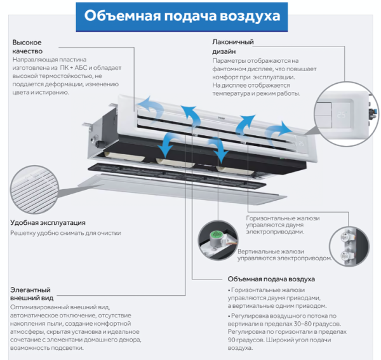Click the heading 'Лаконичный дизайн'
click(x=233, y=46)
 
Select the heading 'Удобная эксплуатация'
click(x=48, y=223)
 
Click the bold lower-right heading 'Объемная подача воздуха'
click(x=271, y=279)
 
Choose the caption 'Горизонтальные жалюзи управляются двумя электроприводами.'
click(x=283, y=225)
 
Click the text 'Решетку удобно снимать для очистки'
click(x=65, y=233)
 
